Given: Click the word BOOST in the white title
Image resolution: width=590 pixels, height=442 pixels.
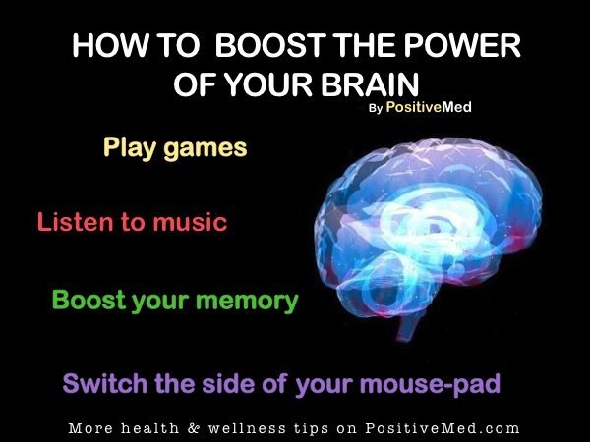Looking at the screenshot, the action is [268, 45].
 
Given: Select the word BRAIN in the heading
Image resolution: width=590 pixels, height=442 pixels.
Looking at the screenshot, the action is [370, 84].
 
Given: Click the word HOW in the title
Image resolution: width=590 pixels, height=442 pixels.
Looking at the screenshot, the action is [109, 45].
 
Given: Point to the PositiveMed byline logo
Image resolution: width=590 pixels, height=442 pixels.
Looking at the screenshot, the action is [429, 107].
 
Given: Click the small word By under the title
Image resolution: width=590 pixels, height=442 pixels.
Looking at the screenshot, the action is [376, 109].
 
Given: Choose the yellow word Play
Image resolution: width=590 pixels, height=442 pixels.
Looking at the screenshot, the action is [128, 147].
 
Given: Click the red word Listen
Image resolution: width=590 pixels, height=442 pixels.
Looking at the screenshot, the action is [76, 222].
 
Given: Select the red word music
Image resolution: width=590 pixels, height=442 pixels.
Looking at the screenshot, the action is [190, 222].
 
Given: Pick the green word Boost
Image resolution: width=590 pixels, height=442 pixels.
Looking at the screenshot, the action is [88, 300].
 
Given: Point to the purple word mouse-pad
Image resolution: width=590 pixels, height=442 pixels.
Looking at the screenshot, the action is [430, 384].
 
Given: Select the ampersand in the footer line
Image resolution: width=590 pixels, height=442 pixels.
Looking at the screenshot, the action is [193, 428].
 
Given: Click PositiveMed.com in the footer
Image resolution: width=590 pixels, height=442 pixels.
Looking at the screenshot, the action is [442, 428].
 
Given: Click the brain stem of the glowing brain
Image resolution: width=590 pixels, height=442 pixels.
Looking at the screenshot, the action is [409, 324].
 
